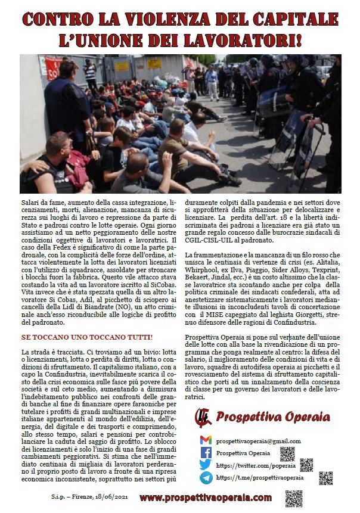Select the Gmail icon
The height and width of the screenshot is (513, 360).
pyautogui.click(x=206, y=440)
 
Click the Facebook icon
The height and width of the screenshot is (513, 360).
pyautogui.click(x=206, y=453)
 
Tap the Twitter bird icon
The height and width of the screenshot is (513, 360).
pyautogui.click(x=206, y=465)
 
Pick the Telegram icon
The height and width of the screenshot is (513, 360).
pyautogui.click(x=206, y=478)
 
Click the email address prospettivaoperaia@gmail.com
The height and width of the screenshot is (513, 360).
pyautogui.click(x=258, y=441)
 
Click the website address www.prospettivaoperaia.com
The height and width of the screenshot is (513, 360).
pyautogui.click(x=206, y=498)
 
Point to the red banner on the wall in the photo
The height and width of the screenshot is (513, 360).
pyautogui.click(x=53, y=69)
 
